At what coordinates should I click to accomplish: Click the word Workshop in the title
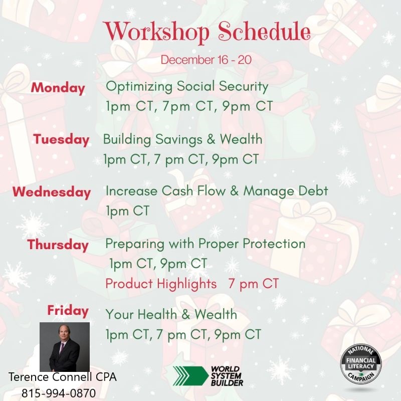(x=156, y=32)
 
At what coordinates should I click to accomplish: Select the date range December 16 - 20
(x=206, y=60)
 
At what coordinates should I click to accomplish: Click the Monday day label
(x=58, y=88)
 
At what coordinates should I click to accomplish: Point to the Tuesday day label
(x=61, y=140)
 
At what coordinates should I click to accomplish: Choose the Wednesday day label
(x=52, y=192)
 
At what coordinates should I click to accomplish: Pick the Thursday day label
(x=58, y=245)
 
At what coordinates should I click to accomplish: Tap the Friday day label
(x=68, y=311)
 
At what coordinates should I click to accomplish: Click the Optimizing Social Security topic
(x=187, y=86)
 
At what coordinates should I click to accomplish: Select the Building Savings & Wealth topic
(x=182, y=139)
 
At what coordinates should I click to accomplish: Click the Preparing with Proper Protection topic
(x=206, y=244)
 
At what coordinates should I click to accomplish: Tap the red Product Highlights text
(x=161, y=284)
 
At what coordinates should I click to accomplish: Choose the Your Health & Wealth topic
(x=171, y=314)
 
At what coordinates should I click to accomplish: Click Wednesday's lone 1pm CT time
(x=128, y=211)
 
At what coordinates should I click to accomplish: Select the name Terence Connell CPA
(x=62, y=377)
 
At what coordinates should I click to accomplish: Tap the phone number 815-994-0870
(x=59, y=393)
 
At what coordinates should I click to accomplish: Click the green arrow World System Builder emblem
(x=190, y=376)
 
